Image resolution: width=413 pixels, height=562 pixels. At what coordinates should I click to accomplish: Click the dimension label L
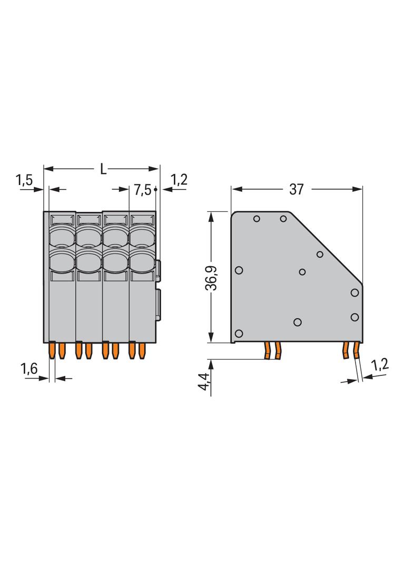click(x=104, y=169)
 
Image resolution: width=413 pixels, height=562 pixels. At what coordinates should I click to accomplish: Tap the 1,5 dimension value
click(x=24, y=180)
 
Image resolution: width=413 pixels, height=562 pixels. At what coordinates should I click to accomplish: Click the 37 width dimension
click(x=297, y=189)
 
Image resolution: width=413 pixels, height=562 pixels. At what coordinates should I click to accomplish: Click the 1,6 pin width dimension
click(x=29, y=369)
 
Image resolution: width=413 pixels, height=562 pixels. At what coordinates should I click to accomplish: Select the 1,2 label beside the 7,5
click(x=179, y=180)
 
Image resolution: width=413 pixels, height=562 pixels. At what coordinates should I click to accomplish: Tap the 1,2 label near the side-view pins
click(x=380, y=365)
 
